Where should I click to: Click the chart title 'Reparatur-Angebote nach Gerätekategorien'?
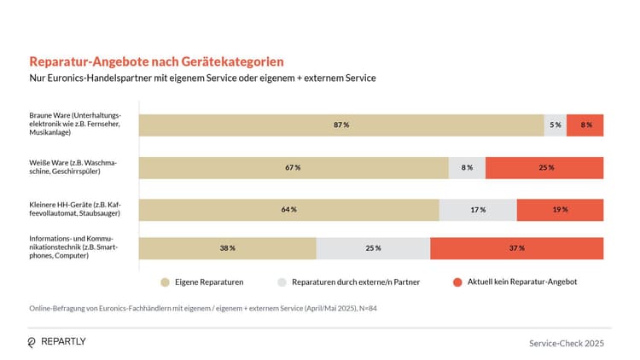156,62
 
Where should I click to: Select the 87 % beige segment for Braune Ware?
341,125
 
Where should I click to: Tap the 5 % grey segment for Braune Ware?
556,125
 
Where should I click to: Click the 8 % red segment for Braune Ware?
585,125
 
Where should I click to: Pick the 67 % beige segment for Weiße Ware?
294,167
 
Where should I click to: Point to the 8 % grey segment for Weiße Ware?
467,167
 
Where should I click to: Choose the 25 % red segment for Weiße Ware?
544,167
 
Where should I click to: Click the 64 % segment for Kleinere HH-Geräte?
288,209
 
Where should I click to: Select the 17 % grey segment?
478,209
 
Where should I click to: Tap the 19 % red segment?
560,209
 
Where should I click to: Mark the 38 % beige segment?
227,248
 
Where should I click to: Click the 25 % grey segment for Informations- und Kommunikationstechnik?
373,248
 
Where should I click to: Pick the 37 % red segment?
516,248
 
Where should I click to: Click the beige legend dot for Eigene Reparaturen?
165,281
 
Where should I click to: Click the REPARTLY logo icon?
32,342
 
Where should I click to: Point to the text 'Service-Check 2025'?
566,342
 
